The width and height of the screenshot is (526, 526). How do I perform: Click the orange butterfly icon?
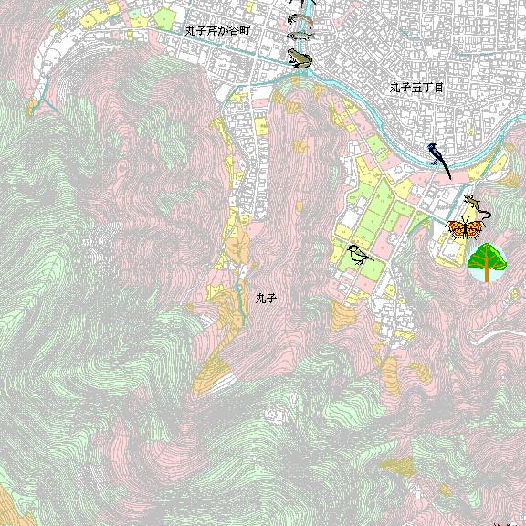[464, 228]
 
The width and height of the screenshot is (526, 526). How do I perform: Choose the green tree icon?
[488, 260]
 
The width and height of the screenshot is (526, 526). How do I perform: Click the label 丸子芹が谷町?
[217, 30]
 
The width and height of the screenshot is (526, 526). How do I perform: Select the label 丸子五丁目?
[416, 88]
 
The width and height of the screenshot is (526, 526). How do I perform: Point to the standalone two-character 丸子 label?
[266, 298]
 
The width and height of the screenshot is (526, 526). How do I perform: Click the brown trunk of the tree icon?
[488, 275]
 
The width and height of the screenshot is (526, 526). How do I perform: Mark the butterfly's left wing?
[455, 228]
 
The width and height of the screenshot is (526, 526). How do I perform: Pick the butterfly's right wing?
[474, 228]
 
